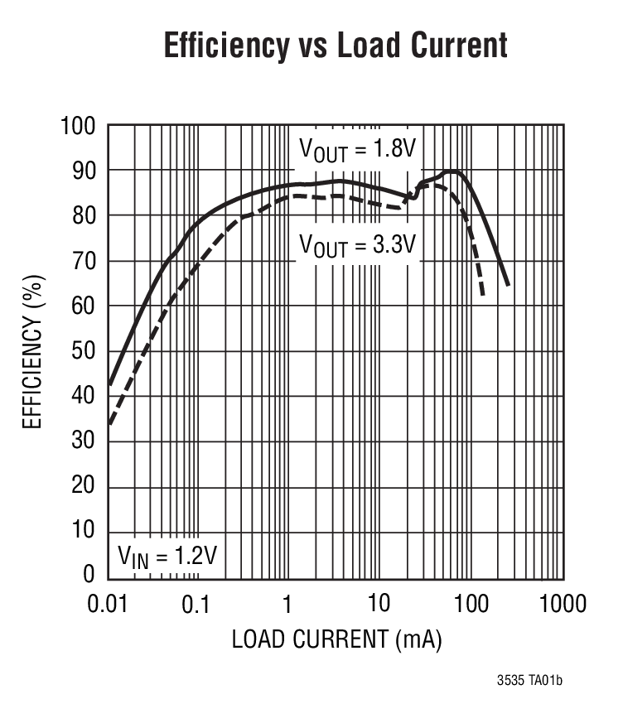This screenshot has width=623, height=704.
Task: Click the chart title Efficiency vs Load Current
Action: pos(335,45)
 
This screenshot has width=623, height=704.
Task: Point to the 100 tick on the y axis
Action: pos(78,126)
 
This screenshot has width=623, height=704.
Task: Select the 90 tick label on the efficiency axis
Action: pos(85,171)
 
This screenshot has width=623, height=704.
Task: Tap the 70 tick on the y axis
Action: pos(85,261)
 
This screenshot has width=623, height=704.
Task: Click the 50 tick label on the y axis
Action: pos(85,351)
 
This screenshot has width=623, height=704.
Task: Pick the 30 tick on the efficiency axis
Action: pos(85,441)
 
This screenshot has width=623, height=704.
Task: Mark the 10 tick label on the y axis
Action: pos(85,531)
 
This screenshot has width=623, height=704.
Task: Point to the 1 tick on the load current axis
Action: pos(287,604)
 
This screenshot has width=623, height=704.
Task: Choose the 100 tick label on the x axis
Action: pos(471,604)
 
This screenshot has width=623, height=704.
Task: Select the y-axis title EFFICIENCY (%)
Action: pos(31,351)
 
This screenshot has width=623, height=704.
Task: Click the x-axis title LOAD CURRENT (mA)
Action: pos(336,639)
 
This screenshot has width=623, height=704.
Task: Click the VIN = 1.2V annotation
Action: pos(166,554)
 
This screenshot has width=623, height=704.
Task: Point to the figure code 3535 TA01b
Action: pos(531,681)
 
